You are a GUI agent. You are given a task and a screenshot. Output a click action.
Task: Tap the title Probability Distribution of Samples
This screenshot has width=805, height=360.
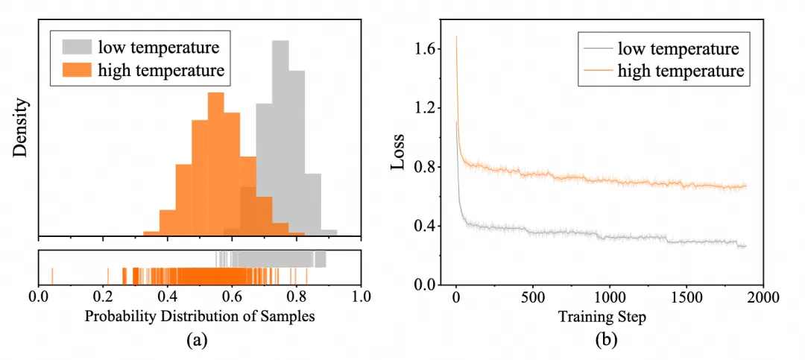(200, 315)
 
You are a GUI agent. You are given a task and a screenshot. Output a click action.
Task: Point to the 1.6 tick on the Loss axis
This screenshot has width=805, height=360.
(427, 50)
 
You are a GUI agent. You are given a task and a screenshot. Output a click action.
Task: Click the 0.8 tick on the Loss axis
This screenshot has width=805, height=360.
(427, 167)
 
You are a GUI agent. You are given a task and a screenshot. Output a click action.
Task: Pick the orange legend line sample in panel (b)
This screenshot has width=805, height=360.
(596, 72)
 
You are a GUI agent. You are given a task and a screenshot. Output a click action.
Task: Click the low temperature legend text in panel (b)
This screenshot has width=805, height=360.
(678, 49)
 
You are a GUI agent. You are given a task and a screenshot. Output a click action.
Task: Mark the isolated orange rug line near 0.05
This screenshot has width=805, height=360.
(52, 275)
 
